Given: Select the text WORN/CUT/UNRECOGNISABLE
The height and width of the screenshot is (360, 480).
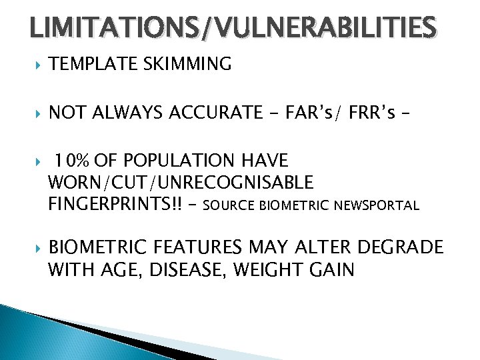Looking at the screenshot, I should coord(181,183).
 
